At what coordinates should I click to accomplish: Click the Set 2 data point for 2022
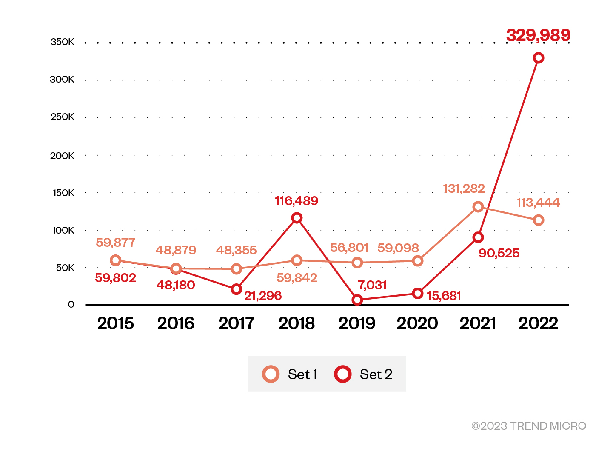pyautogui.click(x=539, y=58)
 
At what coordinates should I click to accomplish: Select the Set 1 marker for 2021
pyautogui.click(x=478, y=207)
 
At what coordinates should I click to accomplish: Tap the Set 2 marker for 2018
pyautogui.click(x=297, y=218)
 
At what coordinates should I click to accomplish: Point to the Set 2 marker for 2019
pyautogui.click(x=357, y=300)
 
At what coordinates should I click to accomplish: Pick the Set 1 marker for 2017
pyautogui.click(x=237, y=269)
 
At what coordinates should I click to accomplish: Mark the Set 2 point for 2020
pyautogui.click(x=418, y=294)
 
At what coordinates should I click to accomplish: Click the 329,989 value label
pyautogui.click(x=538, y=35)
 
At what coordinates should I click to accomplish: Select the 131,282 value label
pyautogui.click(x=464, y=189)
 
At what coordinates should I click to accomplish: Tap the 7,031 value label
pyautogui.click(x=372, y=285)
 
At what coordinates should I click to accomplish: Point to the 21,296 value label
pyautogui.click(x=263, y=296)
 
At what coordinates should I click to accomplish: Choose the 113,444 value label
pyautogui.click(x=538, y=203)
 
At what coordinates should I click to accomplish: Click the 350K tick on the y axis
pyautogui.click(x=62, y=42)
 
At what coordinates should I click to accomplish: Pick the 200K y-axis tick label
pyautogui.click(x=62, y=156)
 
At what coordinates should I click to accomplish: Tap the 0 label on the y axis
pyautogui.click(x=71, y=305)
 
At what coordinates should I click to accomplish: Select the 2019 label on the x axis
pyautogui.click(x=357, y=323)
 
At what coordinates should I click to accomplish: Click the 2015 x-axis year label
pyautogui.click(x=115, y=323)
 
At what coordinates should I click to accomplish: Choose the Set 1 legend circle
pyautogui.click(x=271, y=374)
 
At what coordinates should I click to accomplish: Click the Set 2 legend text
pyautogui.click(x=376, y=374)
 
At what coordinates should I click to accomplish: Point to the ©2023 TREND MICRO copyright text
pyautogui.click(x=529, y=426)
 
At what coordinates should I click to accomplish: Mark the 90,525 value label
pyautogui.click(x=499, y=254)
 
